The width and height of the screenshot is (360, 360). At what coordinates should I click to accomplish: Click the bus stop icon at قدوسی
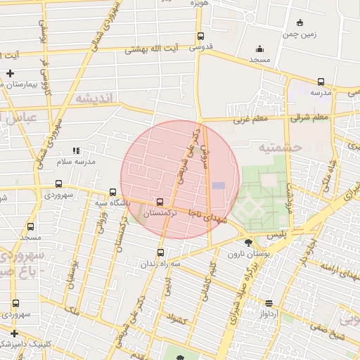[x=200, y=37]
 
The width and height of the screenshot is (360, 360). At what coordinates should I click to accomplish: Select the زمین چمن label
[x=300, y=34]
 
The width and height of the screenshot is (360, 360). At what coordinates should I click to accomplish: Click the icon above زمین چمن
[x=300, y=22]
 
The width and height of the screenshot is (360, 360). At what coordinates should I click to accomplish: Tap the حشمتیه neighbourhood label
[x=279, y=148]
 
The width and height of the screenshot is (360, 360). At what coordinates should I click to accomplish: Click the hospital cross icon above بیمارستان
[x=10, y=73]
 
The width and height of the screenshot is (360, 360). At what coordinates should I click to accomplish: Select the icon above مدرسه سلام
[x=76, y=150]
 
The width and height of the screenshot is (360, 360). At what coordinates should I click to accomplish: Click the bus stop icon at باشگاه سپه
[x=112, y=191]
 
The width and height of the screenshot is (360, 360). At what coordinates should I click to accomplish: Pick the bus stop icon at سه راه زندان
[x=161, y=253]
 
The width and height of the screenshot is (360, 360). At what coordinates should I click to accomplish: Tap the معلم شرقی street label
[x=330, y=117]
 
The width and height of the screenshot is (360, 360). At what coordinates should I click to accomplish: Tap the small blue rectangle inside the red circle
[x=219, y=185]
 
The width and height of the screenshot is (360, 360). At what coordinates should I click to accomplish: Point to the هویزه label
[x=200, y=4]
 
